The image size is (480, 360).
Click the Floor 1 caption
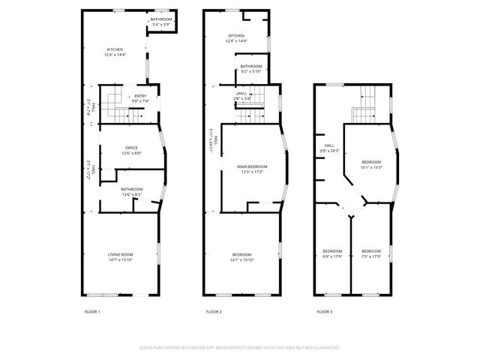(x=93, y=311)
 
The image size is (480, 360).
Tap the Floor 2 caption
(x=214, y=311)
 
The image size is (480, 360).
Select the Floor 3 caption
(x=324, y=311)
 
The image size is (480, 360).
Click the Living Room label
(x=120, y=257)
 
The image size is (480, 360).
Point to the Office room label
(x=132, y=150)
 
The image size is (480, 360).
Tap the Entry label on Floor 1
(x=140, y=98)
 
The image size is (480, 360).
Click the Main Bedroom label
(x=252, y=169)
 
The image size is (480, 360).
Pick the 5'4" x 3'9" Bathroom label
(x=161, y=21)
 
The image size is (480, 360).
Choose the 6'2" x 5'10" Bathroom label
(x=251, y=69)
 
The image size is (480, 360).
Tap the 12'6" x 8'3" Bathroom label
(x=132, y=192)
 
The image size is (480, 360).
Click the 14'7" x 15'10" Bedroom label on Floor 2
(x=241, y=257)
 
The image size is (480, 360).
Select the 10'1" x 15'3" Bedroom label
(x=371, y=165)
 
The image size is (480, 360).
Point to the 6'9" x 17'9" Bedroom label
(x=332, y=253)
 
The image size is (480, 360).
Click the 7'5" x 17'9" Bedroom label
(x=371, y=253)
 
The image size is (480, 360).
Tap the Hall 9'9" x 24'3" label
(x=330, y=148)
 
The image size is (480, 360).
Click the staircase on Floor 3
(x=365, y=103)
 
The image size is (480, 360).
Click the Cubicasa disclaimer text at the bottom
(x=240, y=348)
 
